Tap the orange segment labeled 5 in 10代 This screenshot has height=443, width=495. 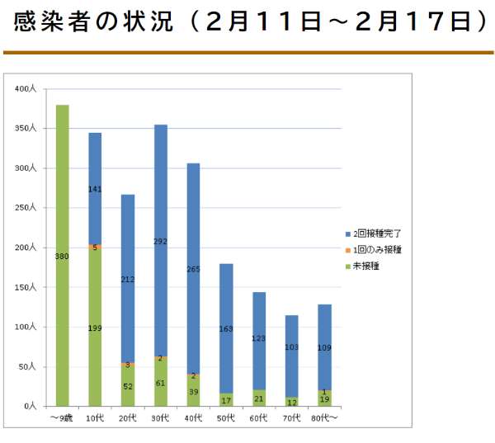point(95,246)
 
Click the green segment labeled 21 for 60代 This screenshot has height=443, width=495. point(258,398)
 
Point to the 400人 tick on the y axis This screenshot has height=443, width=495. point(27,88)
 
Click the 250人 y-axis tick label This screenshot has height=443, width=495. point(27,208)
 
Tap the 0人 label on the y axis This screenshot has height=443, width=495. point(31,407)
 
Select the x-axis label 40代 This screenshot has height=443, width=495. point(193,418)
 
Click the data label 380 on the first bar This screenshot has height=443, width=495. point(62,257)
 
